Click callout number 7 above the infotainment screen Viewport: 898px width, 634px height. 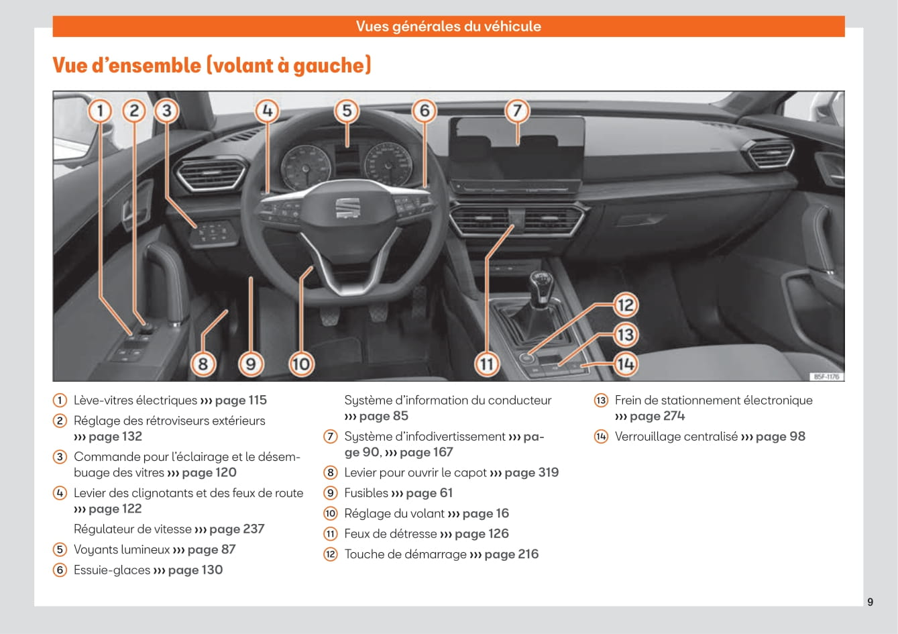pyautogui.click(x=516, y=110)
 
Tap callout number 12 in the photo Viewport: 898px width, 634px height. pyautogui.click(x=625, y=305)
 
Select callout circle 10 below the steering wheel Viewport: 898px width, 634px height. pyautogui.click(x=301, y=364)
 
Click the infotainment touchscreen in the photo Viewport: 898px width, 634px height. pyautogui.click(x=516, y=149)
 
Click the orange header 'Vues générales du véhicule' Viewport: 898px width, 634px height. pyautogui.click(x=449, y=26)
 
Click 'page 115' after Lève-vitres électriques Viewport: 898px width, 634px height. pyautogui.click(x=241, y=401)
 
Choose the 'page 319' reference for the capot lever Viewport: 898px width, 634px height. pyautogui.click(x=531, y=473)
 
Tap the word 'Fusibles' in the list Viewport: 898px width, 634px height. pyautogui.click(x=366, y=493)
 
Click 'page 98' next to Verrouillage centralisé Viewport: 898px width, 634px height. pyautogui.click(x=780, y=437)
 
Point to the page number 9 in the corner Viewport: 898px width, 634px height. pyautogui.click(x=870, y=602)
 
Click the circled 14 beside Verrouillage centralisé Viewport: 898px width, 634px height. pyautogui.click(x=601, y=437)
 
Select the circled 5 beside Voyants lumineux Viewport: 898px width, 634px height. pyautogui.click(x=60, y=550)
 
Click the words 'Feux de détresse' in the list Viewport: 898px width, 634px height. pyautogui.click(x=390, y=534)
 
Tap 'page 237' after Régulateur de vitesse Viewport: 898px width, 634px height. pyautogui.click(x=237, y=529)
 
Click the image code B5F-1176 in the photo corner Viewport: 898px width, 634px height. pyautogui.click(x=826, y=377)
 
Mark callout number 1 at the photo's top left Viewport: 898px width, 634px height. pyautogui.click(x=100, y=110)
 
